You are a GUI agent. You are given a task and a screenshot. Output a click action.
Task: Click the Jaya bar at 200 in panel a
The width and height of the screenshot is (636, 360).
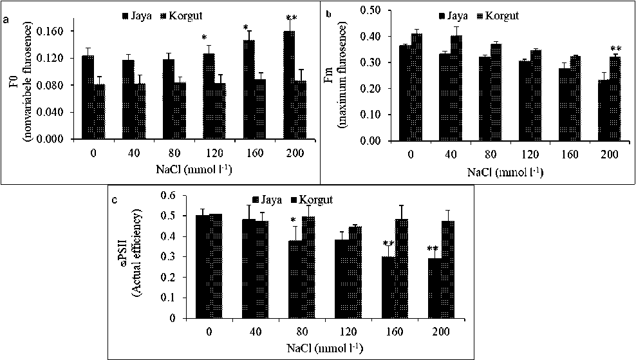pyautogui.click(x=289, y=85)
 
